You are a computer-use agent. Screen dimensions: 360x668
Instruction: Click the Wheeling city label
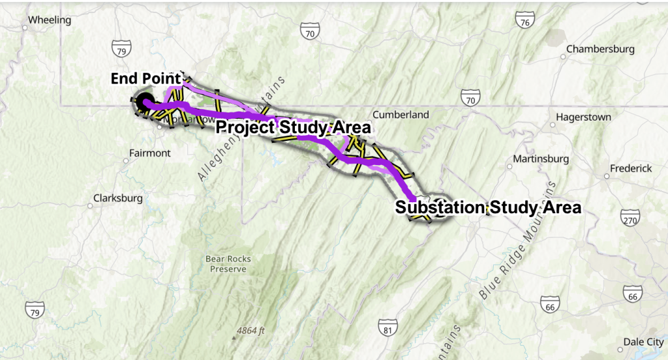pyautogui.click(x=50, y=20)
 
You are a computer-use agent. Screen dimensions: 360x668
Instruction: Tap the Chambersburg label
pyautogui.click(x=600, y=49)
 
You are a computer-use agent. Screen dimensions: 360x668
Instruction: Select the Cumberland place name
pyautogui.click(x=401, y=115)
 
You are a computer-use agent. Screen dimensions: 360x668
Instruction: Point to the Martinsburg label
pyautogui.click(x=541, y=158)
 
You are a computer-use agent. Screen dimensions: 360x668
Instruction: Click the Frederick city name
pyautogui.click(x=630, y=168)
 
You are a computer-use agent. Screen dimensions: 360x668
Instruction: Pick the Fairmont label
pyautogui.click(x=151, y=153)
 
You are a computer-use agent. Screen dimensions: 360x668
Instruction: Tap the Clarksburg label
pyautogui.click(x=117, y=198)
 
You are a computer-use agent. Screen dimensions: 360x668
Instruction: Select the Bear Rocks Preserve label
pyautogui.click(x=228, y=263)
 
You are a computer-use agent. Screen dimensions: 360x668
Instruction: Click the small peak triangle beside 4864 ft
pyautogui.click(x=234, y=337)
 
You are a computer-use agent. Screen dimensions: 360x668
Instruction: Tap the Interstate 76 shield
pyautogui.click(x=524, y=22)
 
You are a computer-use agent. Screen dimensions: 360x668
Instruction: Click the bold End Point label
pyautogui.click(x=145, y=79)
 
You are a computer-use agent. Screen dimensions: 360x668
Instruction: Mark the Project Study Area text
pyautogui.click(x=293, y=127)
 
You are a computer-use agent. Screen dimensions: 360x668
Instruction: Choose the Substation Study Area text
pyautogui.click(x=487, y=208)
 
